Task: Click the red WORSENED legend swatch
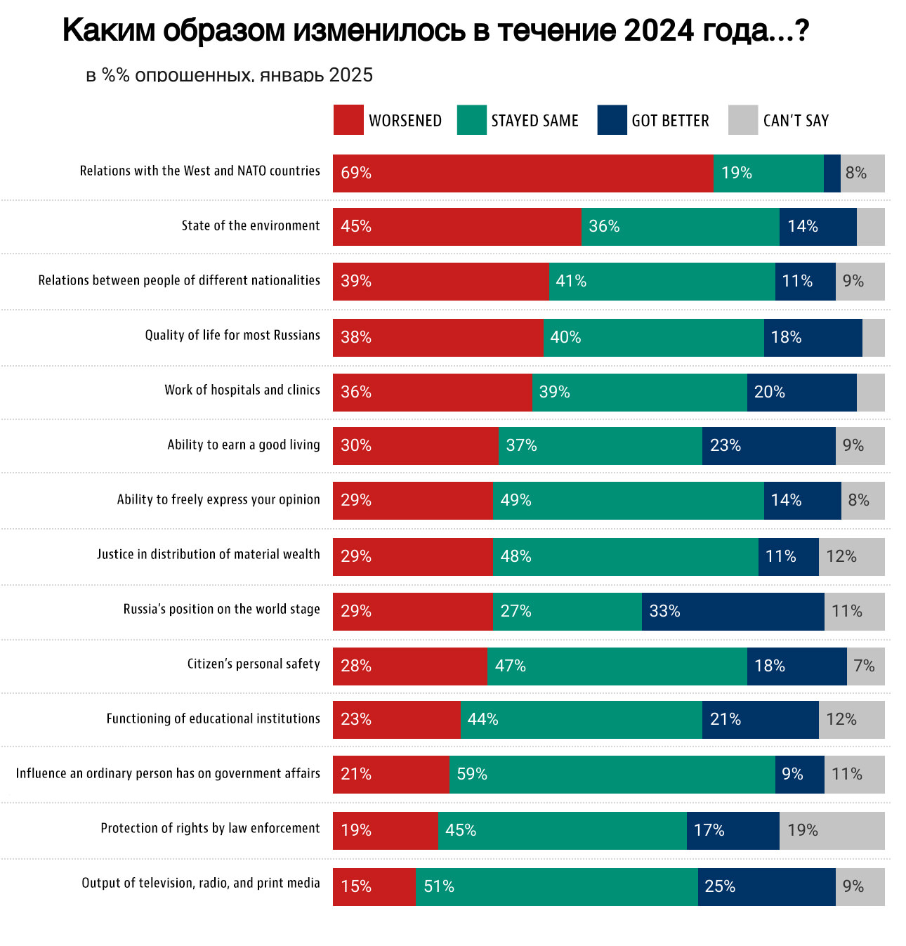pyautogui.click(x=348, y=120)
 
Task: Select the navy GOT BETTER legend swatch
pyautogui.click(x=612, y=120)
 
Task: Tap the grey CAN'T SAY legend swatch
pyautogui.click(x=743, y=120)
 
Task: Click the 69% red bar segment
pyautogui.click(x=523, y=173)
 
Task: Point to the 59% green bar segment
pyautogui.click(x=612, y=775)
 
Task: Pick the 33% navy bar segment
pyautogui.click(x=733, y=612)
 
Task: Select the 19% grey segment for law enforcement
pyautogui.click(x=832, y=831)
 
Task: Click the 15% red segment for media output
pyautogui.click(x=374, y=887)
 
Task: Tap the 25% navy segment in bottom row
pyautogui.click(x=766, y=887)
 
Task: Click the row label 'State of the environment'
pyautogui.click(x=250, y=225)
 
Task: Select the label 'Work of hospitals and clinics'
pyautogui.click(x=242, y=390)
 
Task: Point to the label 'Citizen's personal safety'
pyautogui.click(x=253, y=664)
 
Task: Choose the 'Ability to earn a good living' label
pyautogui.click(x=243, y=445)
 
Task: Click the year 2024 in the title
pyautogui.click(x=657, y=31)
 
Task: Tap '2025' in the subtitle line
pyautogui.click(x=350, y=75)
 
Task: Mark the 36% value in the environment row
pyautogui.click(x=604, y=226)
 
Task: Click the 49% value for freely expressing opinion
pyautogui.click(x=516, y=500)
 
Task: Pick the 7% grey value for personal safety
pyautogui.click(x=864, y=666)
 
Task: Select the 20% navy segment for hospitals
pyautogui.click(x=801, y=393)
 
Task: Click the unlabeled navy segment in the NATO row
pyautogui.click(x=832, y=173)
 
